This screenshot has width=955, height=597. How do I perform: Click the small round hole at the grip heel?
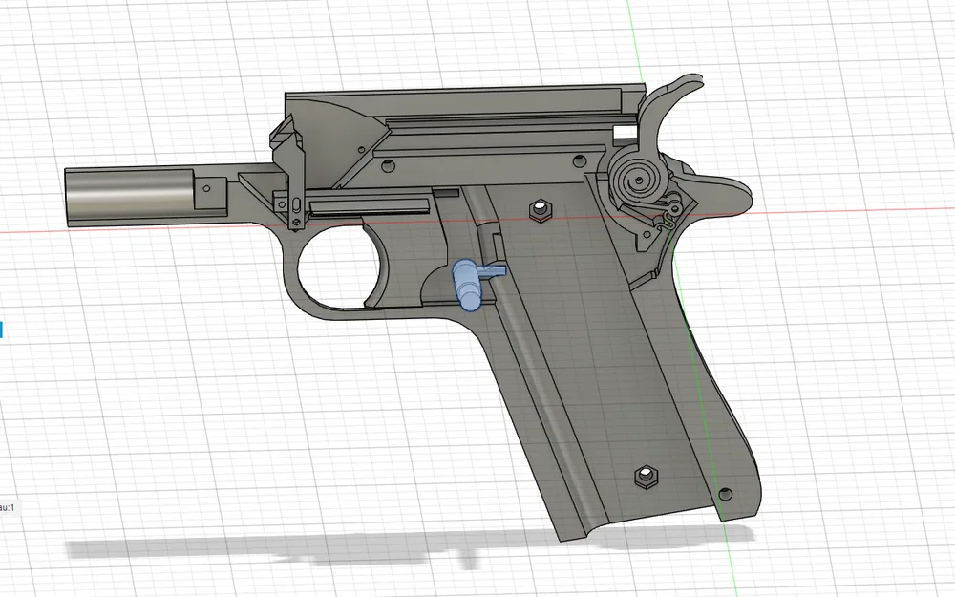coord(725,493)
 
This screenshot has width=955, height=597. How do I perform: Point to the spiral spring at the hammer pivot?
coord(635,177)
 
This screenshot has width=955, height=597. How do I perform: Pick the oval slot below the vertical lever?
coord(296,204)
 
